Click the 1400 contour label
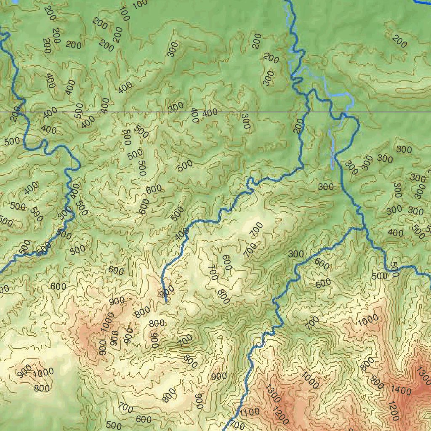pos(401,391)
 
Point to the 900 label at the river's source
pos(167,291)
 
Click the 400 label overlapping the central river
pos(182,234)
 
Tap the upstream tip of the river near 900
pos(166,301)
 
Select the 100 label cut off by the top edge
pos(140,4)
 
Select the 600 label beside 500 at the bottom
pos(144,419)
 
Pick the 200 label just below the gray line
pos(299,125)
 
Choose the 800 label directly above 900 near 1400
pos(367,364)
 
